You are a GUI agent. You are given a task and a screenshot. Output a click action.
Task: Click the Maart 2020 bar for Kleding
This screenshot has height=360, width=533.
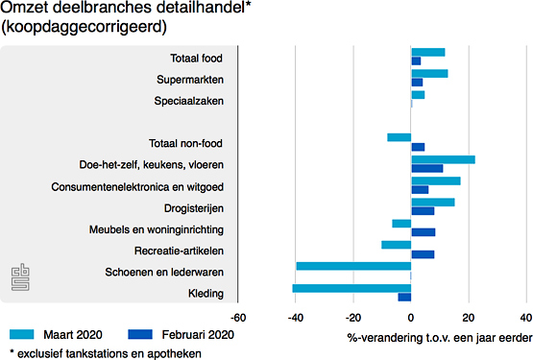point(351,288)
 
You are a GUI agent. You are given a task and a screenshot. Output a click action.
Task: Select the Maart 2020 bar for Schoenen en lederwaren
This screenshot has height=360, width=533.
point(353,266)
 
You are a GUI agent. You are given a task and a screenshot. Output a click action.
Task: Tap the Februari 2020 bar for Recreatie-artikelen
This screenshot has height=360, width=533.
point(423,254)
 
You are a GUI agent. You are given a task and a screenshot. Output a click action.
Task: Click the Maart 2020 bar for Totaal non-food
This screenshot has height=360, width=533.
point(400,137)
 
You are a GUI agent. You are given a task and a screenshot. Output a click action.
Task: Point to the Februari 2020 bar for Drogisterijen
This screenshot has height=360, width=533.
point(423,211)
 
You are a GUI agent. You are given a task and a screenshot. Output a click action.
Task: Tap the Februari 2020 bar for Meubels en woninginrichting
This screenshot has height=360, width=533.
point(423,232)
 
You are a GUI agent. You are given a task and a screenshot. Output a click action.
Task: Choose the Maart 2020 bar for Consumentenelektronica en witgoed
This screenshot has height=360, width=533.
point(435,180)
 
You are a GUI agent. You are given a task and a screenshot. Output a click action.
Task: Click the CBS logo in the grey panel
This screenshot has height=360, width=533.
point(20,276)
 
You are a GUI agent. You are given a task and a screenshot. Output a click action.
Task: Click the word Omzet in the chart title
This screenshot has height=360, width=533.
point(25,10)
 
